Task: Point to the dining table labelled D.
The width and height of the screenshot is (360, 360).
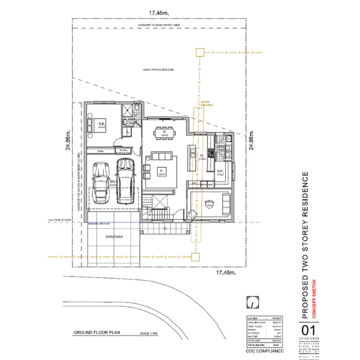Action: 162,132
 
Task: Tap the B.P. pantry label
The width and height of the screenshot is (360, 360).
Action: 220,172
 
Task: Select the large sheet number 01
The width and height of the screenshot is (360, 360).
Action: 309,331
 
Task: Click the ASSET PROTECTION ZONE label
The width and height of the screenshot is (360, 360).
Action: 158,70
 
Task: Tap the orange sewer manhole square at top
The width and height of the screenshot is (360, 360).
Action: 200,52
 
